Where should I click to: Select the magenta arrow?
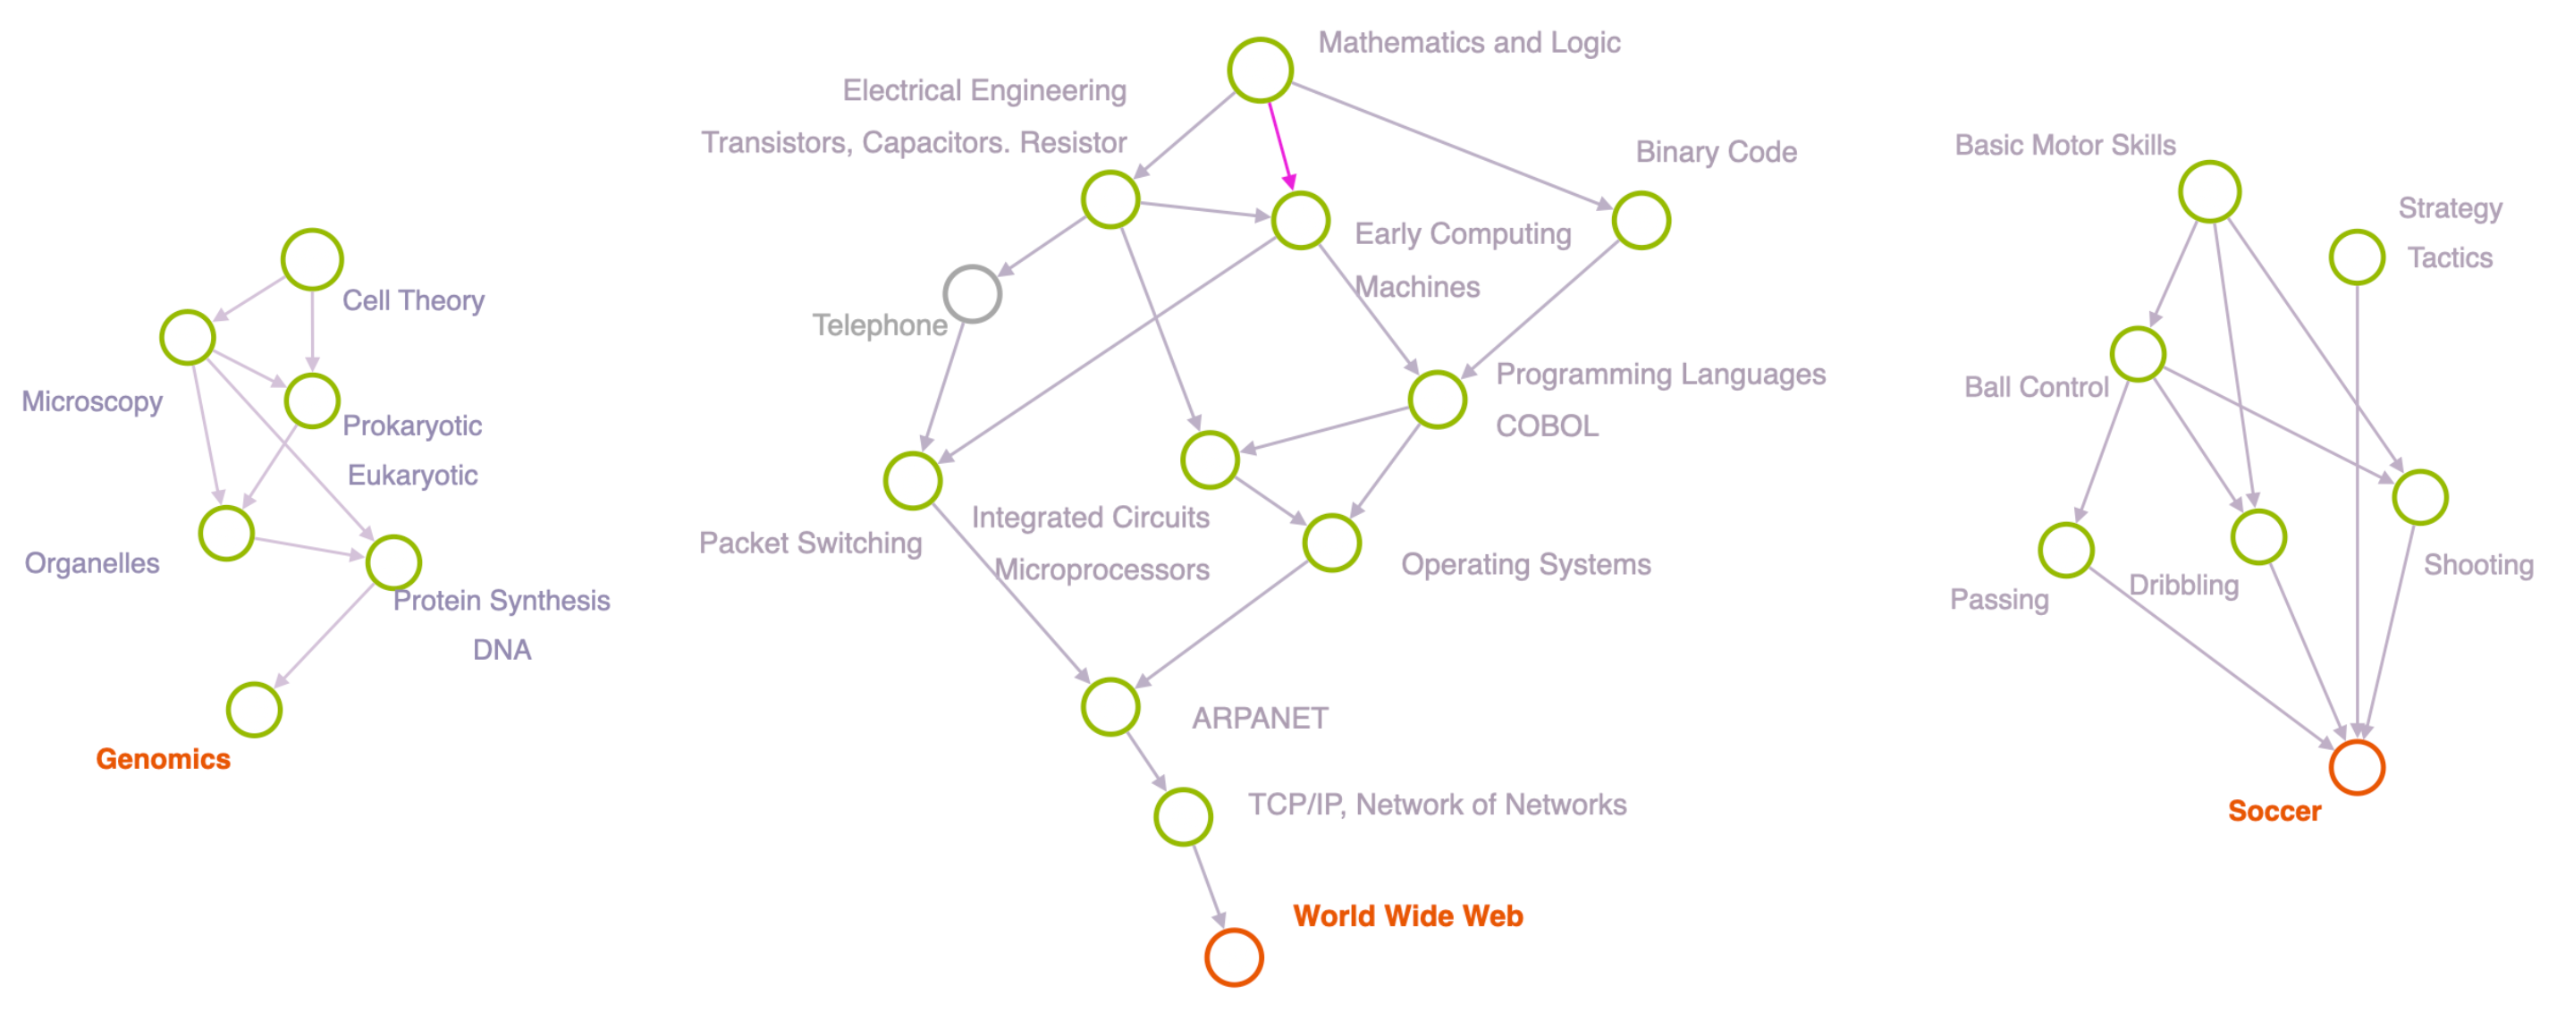point(1280,145)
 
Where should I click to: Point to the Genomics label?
point(163,759)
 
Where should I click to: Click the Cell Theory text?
point(413,300)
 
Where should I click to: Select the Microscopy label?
point(92,402)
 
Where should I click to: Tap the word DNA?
point(502,650)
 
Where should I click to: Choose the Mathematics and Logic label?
point(1469,43)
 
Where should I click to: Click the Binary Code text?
point(1717,152)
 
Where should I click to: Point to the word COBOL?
point(1547,426)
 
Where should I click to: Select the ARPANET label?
point(1260,719)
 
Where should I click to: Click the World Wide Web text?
point(1407,915)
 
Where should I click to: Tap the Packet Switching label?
point(810,544)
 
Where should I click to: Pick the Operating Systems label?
point(1525,565)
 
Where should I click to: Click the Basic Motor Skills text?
point(2064,146)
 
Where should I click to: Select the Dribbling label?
point(2184,586)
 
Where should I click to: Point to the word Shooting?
point(2478,566)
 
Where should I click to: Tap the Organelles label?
point(92,563)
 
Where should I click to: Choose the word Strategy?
point(2450,208)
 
